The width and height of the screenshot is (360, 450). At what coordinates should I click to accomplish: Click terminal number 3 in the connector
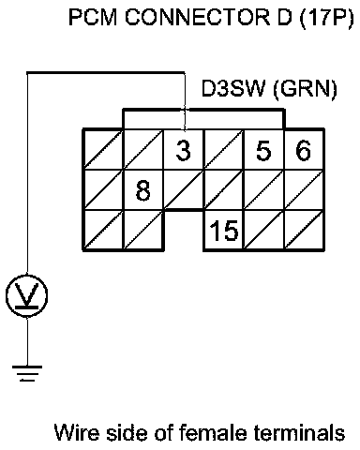click(x=184, y=150)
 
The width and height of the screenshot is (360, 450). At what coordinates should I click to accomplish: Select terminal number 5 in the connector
click(x=264, y=150)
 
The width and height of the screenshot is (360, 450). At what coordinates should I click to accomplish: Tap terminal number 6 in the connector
click(x=304, y=150)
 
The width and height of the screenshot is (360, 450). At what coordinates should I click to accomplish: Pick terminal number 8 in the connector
click(x=143, y=190)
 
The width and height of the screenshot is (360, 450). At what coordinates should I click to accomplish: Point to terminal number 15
click(x=224, y=231)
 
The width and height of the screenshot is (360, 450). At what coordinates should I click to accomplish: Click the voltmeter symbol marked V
click(x=27, y=295)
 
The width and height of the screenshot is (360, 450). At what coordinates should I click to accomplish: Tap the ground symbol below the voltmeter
click(x=27, y=373)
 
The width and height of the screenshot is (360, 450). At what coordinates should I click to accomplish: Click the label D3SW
click(x=233, y=88)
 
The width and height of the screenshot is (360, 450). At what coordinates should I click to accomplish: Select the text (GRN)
click(x=306, y=89)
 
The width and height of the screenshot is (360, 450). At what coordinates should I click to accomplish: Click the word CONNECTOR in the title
click(x=198, y=17)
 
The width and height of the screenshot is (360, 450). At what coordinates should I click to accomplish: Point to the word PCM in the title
click(x=93, y=17)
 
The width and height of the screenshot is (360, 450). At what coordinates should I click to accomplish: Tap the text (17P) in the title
click(x=327, y=18)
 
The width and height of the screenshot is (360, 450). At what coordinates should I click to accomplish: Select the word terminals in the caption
click(x=300, y=433)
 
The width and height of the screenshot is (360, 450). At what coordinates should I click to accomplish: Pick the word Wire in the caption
click(x=77, y=433)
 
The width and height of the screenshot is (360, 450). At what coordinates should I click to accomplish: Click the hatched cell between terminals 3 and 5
click(x=224, y=150)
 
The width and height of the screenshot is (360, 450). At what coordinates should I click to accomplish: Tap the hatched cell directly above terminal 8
click(x=143, y=150)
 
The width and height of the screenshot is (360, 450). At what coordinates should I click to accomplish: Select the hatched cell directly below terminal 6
click(x=304, y=190)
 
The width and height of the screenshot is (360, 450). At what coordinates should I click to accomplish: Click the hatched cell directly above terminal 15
click(x=224, y=190)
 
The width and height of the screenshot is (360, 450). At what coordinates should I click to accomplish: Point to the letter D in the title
click(x=284, y=17)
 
